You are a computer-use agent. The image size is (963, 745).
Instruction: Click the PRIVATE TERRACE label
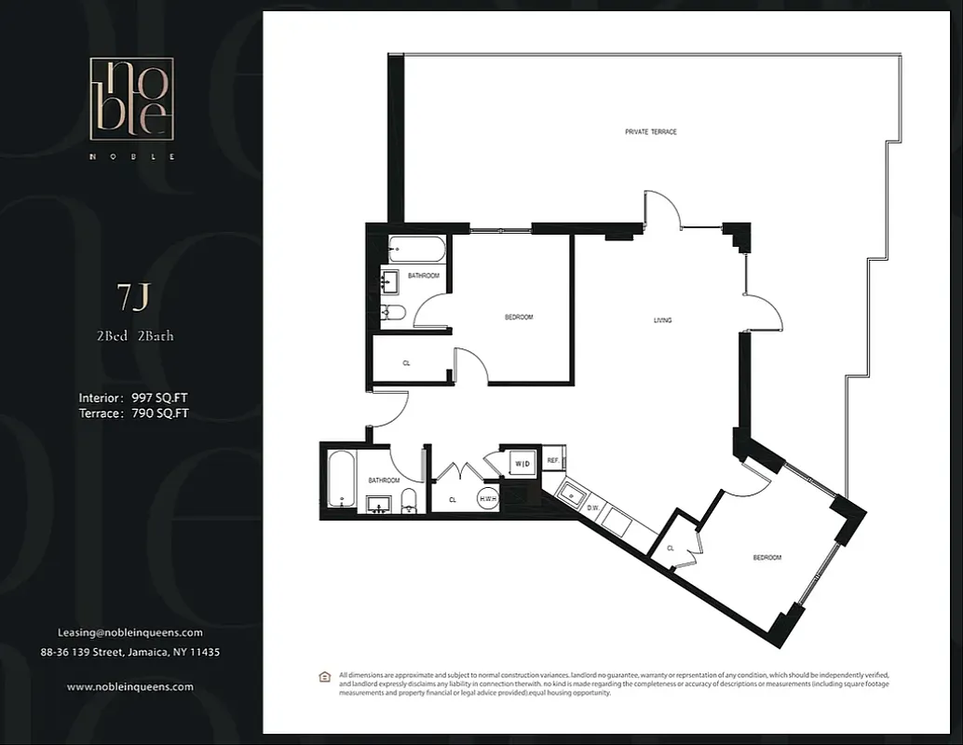(x=650, y=132)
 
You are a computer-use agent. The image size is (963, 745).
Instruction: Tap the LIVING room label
(x=662, y=320)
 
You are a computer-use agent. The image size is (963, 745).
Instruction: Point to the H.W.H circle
(x=487, y=499)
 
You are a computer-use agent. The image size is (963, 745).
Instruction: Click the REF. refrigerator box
(x=552, y=460)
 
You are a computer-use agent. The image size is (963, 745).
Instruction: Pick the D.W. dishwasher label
(x=593, y=508)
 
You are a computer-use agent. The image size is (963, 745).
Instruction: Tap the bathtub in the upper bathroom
(x=416, y=250)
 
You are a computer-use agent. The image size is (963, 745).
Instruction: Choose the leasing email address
(x=130, y=632)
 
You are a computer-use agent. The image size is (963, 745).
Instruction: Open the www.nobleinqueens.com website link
(x=130, y=686)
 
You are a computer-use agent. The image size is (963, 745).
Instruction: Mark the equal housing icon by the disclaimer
(x=324, y=676)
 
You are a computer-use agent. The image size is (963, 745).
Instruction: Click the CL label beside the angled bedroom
(x=671, y=549)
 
